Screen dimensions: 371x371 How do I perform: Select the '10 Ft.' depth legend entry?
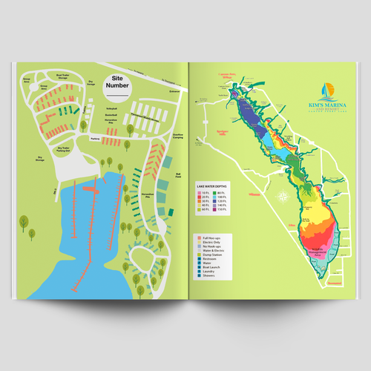pos(206,192)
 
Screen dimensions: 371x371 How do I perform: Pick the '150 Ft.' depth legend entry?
pos(224,210)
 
